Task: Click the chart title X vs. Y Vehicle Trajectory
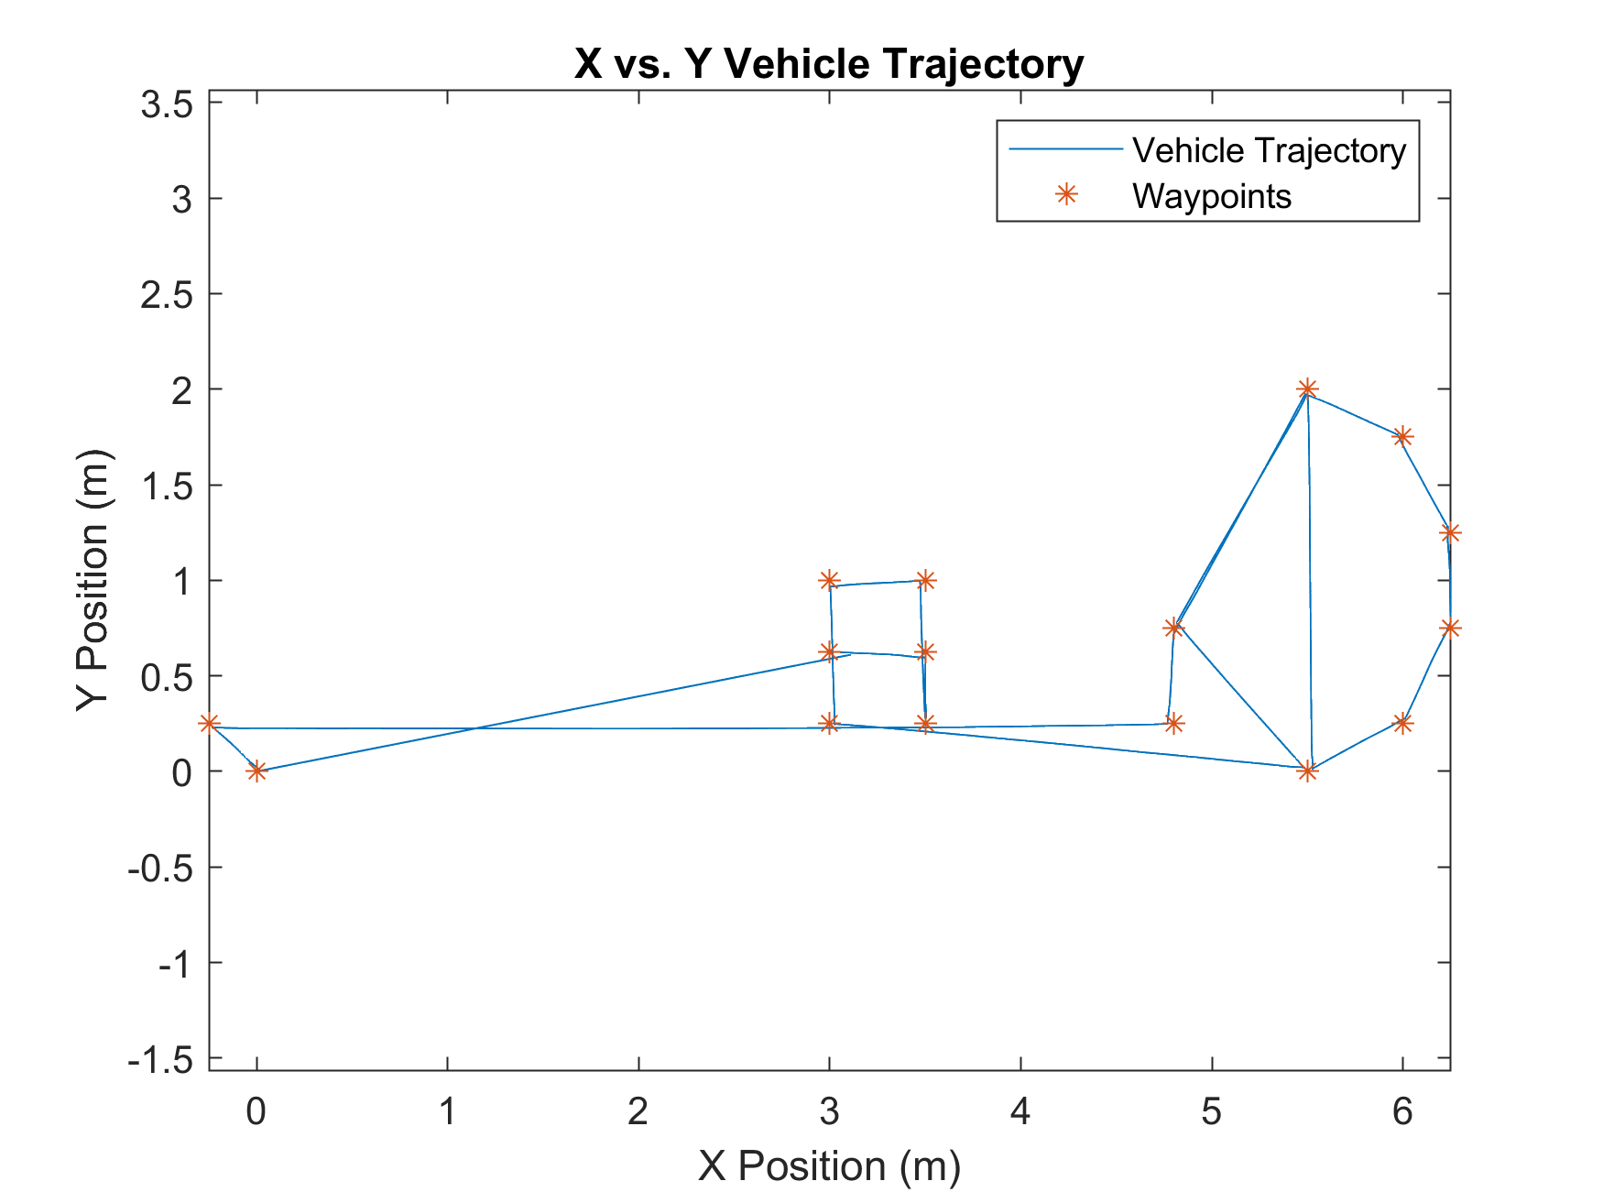click(x=829, y=64)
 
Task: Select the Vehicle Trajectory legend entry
click(x=1269, y=151)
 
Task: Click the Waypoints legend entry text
click(x=1211, y=197)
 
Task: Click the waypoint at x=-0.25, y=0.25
click(x=210, y=724)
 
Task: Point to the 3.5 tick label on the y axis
click(x=167, y=105)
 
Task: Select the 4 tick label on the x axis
click(x=1020, y=1112)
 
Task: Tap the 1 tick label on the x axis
click(x=447, y=1112)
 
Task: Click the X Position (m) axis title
click(x=829, y=1166)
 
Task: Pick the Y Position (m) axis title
click(x=93, y=580)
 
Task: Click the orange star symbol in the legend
click(x=1065, y=194)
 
